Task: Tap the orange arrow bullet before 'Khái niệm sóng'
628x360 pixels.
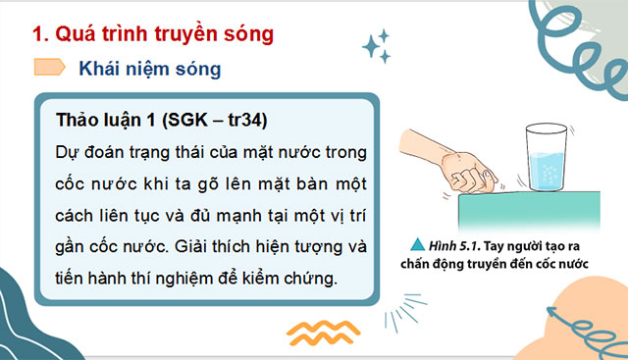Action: click(x=49, y=68)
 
